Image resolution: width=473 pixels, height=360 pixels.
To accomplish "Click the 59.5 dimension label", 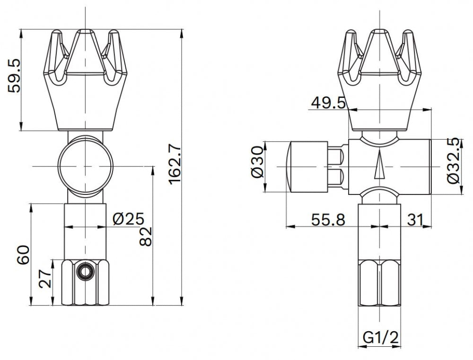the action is click(14, 75).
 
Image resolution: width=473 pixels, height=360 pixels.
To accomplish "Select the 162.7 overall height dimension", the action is click(175, 164).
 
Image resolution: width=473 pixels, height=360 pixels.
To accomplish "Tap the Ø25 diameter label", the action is click(129, 219).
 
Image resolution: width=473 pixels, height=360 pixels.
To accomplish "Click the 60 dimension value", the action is click(23, 255).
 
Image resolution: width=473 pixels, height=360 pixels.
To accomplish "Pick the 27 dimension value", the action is click(45, 279).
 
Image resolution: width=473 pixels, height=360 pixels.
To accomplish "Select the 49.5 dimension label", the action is click(328, 103).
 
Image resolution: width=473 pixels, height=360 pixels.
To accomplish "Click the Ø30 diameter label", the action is click(257, 162).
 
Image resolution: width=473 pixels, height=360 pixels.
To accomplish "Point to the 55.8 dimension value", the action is click(328, 220).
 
